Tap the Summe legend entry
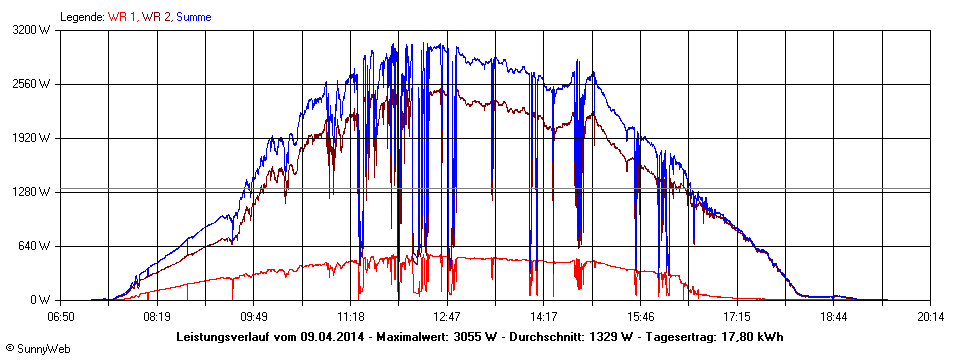pyautogui.click(x=193, y=16)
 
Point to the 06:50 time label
pyautogui.click(x=61, y=317)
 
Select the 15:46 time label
pyautogui.click(x=640, y=317)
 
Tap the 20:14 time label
pyautogui.click(x=930, y=317)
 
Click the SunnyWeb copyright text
pyautogui.click(x=37, y=349)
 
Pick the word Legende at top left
pyautogui.click(x=81, y=16)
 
